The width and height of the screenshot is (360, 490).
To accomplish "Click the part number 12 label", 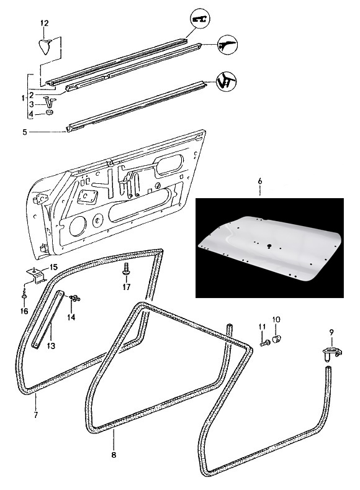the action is click(x=45, y=23).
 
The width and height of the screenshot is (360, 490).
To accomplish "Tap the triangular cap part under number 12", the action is click(x=45, y=47).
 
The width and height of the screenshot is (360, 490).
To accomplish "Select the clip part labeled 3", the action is click(x=50, y=102).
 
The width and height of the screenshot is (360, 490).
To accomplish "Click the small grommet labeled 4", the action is click(x=49, y=112).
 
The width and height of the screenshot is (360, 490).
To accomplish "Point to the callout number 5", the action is click(x=25, y=132).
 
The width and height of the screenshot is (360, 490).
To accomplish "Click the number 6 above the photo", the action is click(x=260, y=181).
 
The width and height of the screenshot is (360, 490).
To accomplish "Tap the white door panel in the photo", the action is click(x=269, y=247).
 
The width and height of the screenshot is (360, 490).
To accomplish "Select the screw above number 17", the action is click(x=126, y=269).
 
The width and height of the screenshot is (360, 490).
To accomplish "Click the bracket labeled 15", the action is click(x=37, y=274).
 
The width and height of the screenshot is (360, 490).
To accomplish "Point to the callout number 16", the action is click(x=24, y=311).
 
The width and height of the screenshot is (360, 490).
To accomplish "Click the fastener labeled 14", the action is click(x=75, y=298).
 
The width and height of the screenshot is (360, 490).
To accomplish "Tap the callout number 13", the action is click(x=51, y=346).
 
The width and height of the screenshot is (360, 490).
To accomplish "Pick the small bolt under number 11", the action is click(x=264, y=344).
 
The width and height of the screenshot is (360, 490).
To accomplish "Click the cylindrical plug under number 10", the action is click(x=276, y=338).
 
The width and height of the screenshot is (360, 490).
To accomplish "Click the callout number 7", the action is click(x=36, y=415).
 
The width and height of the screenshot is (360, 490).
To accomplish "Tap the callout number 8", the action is click(x=114, y=455).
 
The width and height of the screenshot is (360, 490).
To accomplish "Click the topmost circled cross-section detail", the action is click(x=200, y=19).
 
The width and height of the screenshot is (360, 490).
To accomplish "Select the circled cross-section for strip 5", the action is click(x=227, y=81).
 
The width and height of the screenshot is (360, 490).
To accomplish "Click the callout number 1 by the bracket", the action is click(x=23, y=99).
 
